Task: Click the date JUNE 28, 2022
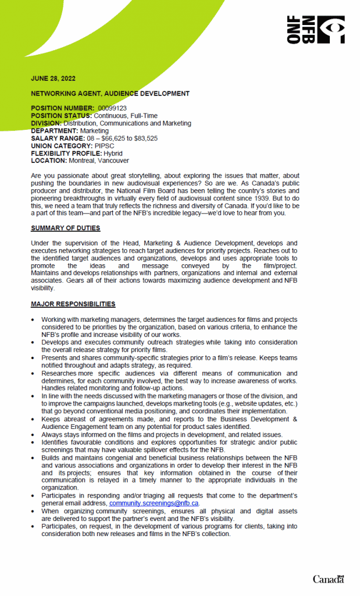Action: click(x=53, y=79)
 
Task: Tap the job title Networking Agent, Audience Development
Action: click(x=110, y=93)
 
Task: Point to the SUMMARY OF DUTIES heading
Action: click(x=65, y=228)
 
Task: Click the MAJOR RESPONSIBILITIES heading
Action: click(x=73, y=304)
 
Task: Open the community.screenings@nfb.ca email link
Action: click(x=154, y=503)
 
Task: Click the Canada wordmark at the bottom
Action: click(x=329, y=579)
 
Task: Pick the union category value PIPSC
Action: click(x=105, y=146)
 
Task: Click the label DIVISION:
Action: click(x=46, y=123)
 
